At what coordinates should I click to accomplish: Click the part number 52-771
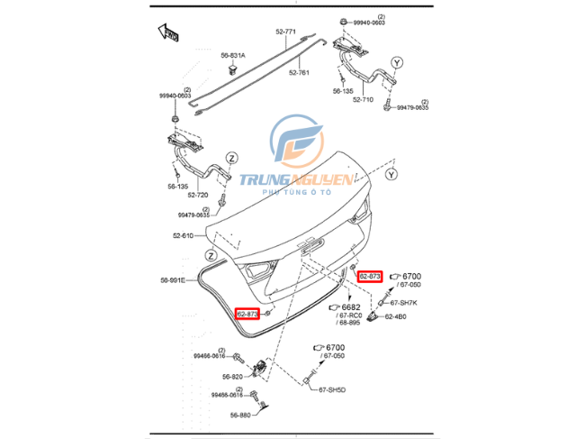[286, 32]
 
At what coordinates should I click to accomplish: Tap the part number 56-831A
[232, 55]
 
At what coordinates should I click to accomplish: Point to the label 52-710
[363, 100]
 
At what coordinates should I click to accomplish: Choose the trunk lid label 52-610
[183, 236]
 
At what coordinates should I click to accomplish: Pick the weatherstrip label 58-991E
[173, 279]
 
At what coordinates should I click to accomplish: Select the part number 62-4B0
[396, 317]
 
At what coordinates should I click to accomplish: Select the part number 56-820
[231, 376]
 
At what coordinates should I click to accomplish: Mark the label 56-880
[239, 415]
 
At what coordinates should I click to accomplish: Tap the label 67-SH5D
[332, 390]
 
